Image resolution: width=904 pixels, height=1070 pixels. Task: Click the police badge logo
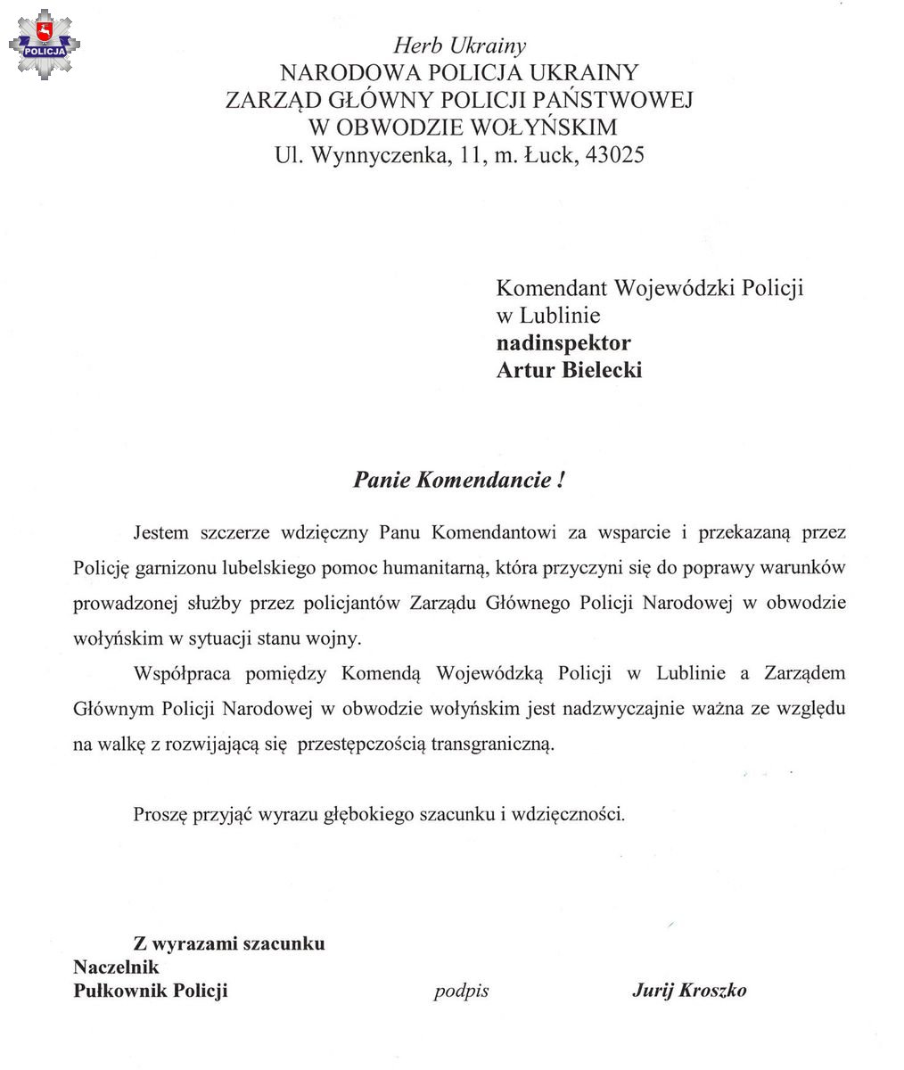pos(44,44)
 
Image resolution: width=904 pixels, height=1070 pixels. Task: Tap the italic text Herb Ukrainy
pos(459,45)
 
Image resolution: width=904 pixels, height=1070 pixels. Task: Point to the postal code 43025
pos(614,155)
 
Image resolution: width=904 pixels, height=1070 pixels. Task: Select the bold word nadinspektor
pos(563,342)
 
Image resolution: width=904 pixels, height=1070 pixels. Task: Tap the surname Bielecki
pos(602,370)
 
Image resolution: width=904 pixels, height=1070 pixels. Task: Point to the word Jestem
pos(161,533)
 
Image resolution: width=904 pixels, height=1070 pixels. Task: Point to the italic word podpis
pos(462,991)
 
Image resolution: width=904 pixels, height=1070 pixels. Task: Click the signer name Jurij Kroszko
pos(689,991)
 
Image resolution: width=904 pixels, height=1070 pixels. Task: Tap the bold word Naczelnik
pos(116,967)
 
